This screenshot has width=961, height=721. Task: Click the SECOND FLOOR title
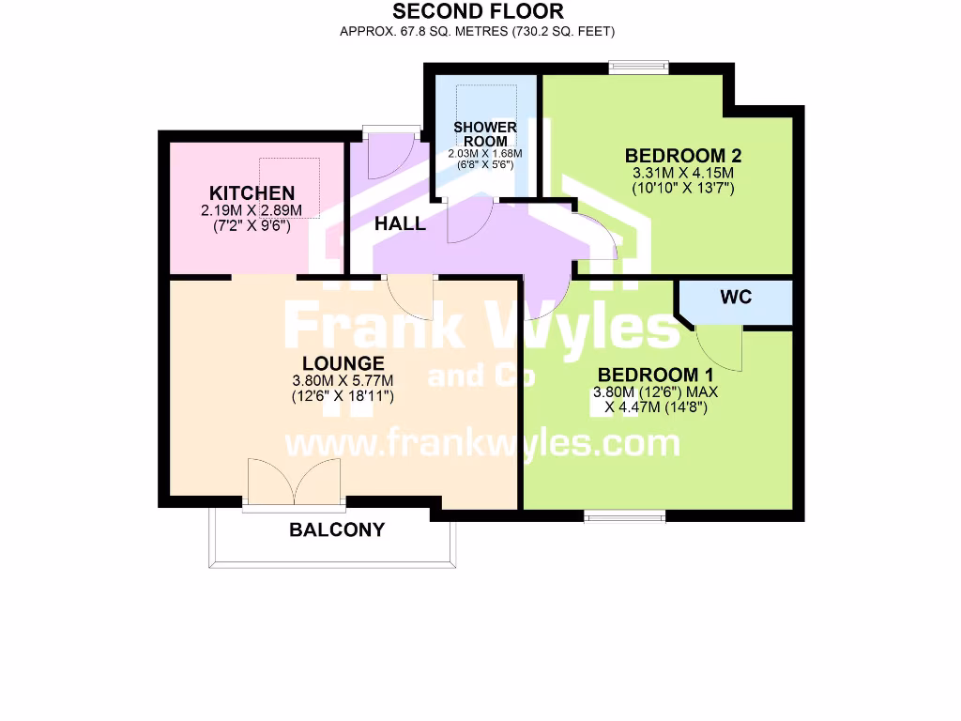(478, 12)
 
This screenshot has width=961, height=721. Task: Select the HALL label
(400, 224)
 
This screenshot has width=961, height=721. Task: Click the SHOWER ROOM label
(484, 134)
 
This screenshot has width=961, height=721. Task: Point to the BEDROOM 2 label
(677, 155)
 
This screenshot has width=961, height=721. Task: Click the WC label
(736, 298)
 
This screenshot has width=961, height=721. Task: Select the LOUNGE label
(343, 363)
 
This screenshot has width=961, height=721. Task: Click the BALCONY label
(337, 529)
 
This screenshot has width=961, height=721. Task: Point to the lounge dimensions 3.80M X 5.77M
(343, 380)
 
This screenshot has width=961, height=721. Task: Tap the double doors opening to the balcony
(294, 483)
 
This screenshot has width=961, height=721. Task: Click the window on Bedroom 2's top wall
(637, 67)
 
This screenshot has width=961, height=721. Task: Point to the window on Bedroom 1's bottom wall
(624, 514)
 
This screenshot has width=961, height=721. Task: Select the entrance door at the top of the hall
(390, 150)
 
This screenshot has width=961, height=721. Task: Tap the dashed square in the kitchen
(290, 188)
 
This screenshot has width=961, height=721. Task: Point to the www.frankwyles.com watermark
(481, 442)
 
